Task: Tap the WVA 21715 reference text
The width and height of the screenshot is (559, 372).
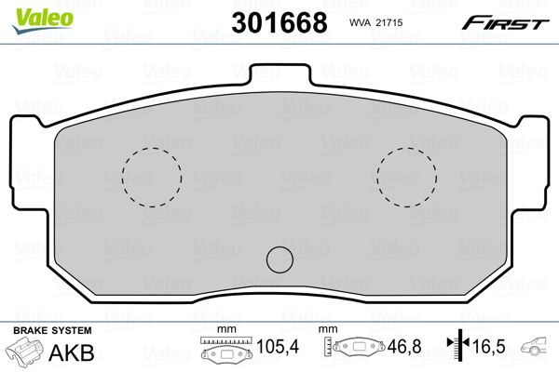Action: [x=372, y=21]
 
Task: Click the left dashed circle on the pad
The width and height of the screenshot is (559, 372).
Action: [x=151, y=177]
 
